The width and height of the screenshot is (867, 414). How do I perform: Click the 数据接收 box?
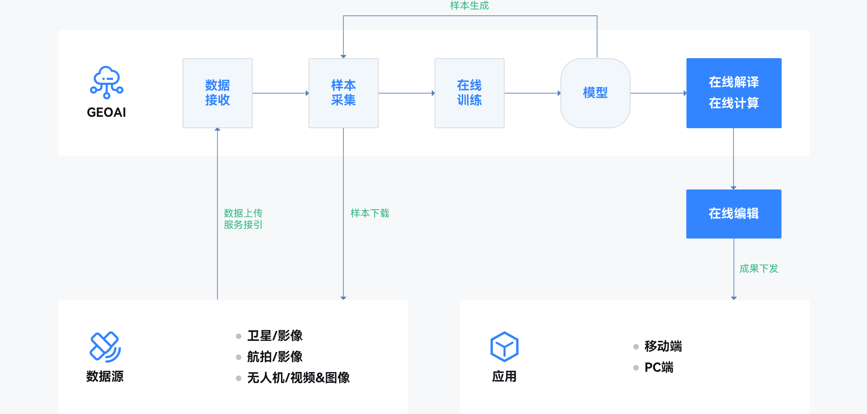click(x=217, y=93)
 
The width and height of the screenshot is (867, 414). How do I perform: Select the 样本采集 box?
click(x=343, y=93)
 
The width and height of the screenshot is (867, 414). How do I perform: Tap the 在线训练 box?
click(x=469, y=93)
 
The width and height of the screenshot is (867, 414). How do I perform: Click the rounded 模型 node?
click(x=595, y=93)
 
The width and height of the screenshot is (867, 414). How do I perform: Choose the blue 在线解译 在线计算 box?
click(x=734, y=93)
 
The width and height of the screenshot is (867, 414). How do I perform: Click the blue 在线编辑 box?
click(x=734, y=214)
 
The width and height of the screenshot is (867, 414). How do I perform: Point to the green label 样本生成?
click(x=469, y=6)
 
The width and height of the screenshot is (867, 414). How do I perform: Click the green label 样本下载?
click(x=370, y=213)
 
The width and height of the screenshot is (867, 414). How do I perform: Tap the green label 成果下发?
click(x=759, y=268)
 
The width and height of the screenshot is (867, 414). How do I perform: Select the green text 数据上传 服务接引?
click(x=243, y=219)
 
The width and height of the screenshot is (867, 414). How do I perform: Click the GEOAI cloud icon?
click(x=107, y=82)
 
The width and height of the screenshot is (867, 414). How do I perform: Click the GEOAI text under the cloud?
click(x=106, y=112)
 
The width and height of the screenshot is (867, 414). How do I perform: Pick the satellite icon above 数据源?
click(x=105, y=347)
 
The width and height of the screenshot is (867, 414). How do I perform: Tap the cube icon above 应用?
click(x=504, y=347)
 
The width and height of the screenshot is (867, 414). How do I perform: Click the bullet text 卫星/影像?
click(x=275, y=336)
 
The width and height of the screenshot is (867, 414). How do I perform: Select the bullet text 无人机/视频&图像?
click(x=298, y=378)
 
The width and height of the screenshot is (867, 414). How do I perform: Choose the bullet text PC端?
click(x=659, y=367)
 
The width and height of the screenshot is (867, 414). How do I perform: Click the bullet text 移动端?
click(x=663, y=346)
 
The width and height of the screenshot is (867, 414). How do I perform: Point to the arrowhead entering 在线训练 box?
click(x=433, y=93)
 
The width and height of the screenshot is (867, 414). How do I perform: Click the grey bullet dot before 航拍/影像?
click(x=239, y=357)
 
